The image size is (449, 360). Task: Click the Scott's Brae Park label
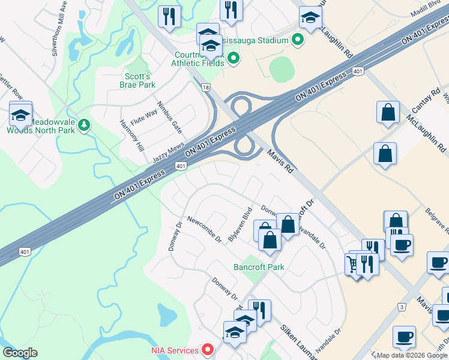tap(139, 80)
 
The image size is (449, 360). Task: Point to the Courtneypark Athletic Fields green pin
tap(234, 58)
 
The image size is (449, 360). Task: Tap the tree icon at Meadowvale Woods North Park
tap(85, 124)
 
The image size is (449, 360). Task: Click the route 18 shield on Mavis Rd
tap(206, 88)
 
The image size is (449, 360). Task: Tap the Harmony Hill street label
tap(132, 136)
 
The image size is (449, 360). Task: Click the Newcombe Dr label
tap(204, 230)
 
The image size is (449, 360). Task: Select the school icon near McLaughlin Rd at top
tap(310, 17)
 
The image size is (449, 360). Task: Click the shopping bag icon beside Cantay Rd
tap(388, 112)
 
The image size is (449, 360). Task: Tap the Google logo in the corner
tap(19, 353)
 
